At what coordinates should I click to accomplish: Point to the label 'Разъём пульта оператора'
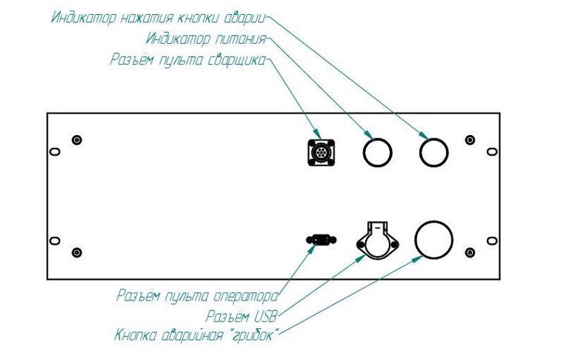[197, 295]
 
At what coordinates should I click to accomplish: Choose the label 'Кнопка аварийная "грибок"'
[197, 336]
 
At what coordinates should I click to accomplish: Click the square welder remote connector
[321, 153]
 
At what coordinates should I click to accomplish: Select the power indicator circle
[376, 153]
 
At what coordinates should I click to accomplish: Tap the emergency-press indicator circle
[433, 153]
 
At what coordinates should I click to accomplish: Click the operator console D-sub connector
[321, 240]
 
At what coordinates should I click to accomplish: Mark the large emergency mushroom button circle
[433, 240]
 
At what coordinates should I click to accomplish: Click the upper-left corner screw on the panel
[76, 140]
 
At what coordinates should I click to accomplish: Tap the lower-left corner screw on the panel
[76, 253]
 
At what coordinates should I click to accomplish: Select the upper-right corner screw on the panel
[469, 140]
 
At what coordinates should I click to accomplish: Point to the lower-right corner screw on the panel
[469, 253]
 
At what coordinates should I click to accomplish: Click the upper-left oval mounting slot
[54, 151]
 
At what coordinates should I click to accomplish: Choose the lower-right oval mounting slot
[491, 241]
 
